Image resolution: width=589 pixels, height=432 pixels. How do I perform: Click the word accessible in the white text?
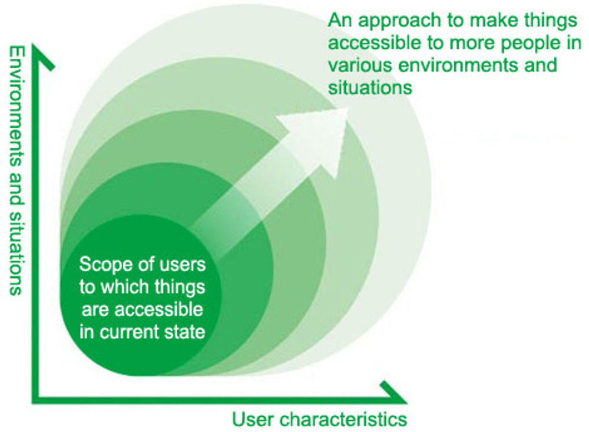(x=158, y=310)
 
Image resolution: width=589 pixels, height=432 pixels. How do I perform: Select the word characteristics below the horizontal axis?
(x=343, y=419)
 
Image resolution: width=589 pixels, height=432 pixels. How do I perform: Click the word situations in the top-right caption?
(x=370, y=87)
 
